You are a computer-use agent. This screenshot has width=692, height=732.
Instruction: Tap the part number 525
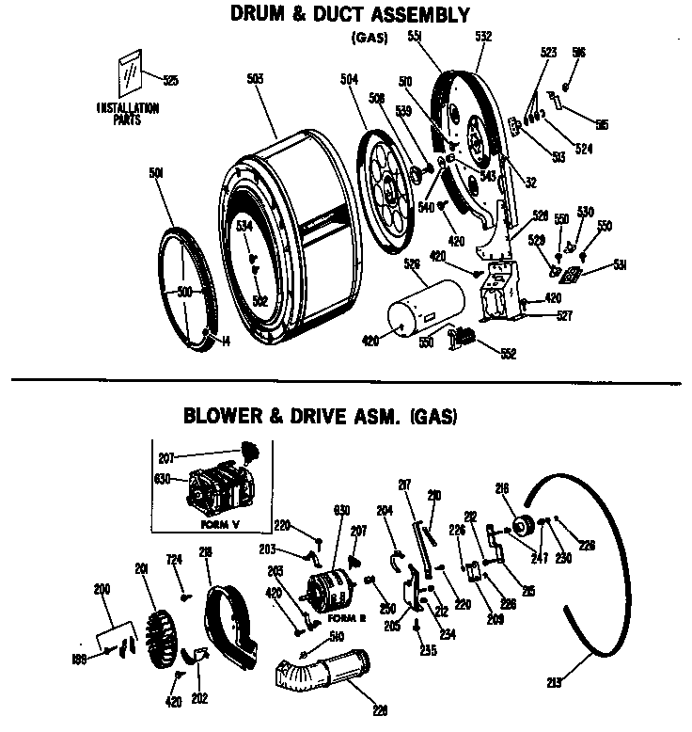[x=170, y=80]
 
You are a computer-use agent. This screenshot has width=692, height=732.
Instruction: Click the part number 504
[x=348, y=81]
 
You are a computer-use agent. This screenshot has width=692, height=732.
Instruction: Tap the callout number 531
[x=593, y=266]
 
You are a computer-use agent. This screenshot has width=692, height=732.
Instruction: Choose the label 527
[x=563, y=316]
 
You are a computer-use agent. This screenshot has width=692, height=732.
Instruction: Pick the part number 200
[x=102, y=589]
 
